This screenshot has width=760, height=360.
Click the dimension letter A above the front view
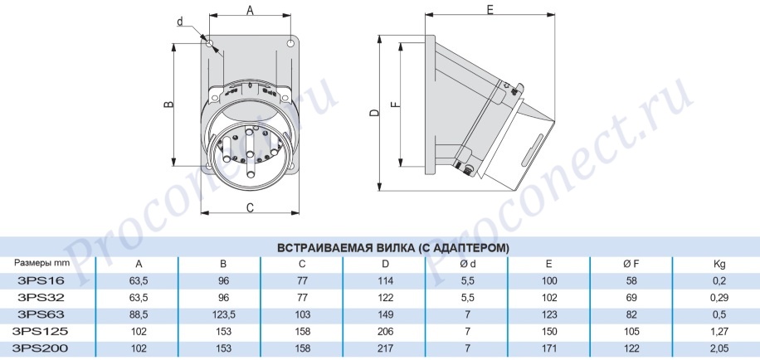250,9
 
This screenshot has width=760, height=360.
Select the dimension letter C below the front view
250,208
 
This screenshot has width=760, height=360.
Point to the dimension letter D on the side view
373,114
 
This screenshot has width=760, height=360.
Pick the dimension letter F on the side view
396,105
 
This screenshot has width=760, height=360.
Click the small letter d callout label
180,21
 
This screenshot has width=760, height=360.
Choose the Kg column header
719,265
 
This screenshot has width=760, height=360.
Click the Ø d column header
468,264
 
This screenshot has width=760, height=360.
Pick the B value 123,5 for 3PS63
223,315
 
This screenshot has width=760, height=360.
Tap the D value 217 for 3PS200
387,349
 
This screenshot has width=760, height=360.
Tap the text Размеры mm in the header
41,264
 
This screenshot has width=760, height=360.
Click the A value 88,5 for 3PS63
139,315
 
